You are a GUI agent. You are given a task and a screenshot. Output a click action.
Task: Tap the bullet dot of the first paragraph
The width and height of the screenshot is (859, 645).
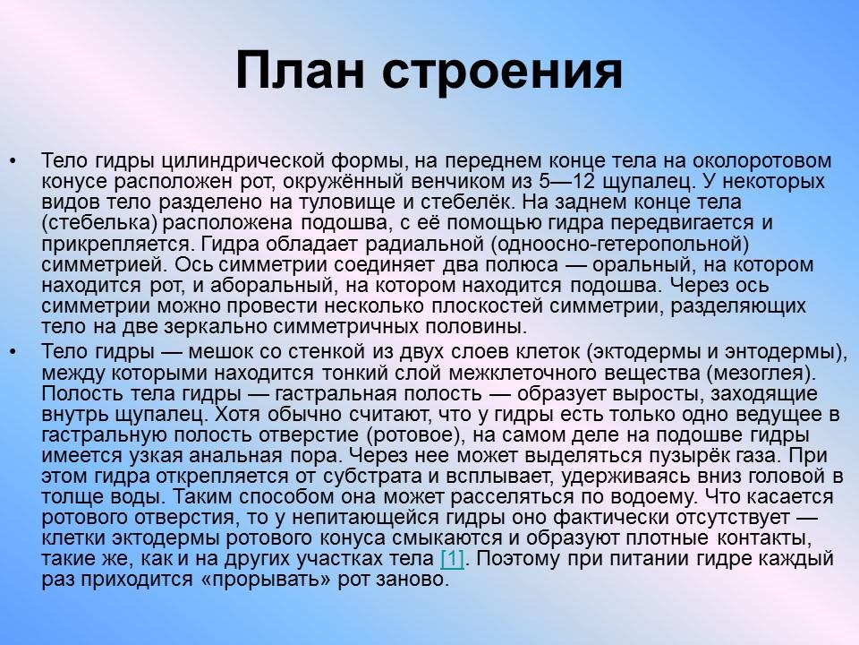pyautogui.click(x=13, y=161)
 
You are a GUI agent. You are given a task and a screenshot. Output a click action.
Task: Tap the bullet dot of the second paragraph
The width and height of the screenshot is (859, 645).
pyautogui.click(x=13, y=348)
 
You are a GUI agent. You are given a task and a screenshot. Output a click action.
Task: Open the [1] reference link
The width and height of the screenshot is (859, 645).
pyautogui.click(x=453, y=559)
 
